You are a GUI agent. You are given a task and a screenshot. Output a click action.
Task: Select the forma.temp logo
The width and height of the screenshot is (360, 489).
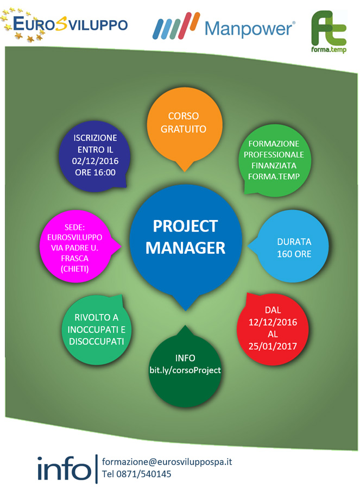click(x=329, y=32)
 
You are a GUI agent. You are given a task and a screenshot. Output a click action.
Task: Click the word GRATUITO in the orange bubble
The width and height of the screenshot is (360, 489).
click(x=184, y=129)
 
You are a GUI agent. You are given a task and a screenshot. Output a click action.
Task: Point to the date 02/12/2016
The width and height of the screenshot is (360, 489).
click(x=95, y=161)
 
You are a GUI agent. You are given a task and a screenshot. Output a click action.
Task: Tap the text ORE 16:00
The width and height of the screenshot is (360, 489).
click(x=95, y=172)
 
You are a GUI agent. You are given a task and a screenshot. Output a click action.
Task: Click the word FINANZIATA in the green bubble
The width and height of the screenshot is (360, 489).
click(x=274, y=166)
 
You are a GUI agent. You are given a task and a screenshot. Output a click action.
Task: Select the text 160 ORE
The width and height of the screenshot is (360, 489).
click(x=294, y=254)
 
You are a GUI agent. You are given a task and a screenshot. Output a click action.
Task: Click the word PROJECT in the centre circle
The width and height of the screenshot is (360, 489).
click(x=185, y=226)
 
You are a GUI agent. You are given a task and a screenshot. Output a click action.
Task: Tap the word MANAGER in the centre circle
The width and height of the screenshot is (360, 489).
click(x=185, y=248)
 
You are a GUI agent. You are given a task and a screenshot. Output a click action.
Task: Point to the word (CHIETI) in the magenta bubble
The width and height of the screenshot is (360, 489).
click(x=74, y=269)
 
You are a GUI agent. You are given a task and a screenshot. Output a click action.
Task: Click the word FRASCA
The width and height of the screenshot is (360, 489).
click(x=74, y=259)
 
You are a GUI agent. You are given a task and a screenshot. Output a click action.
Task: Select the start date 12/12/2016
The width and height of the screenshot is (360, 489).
click(x=273, y=322)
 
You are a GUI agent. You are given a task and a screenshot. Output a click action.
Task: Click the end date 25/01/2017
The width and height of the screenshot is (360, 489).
click(x=273, y=346)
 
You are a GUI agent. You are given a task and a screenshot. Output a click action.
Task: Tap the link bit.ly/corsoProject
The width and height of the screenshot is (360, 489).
click(x=185, y=370)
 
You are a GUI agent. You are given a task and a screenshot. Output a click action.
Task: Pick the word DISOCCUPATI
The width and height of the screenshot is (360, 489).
click(x=96, y=342)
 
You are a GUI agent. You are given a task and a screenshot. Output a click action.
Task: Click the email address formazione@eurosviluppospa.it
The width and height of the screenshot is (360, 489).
click(x=167, y=462)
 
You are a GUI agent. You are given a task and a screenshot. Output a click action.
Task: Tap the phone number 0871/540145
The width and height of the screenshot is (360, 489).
click(x=144, y=474)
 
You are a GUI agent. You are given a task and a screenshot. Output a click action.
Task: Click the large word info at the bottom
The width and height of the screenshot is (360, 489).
click(x=64, y=468)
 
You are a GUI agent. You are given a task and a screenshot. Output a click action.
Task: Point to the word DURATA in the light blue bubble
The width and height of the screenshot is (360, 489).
click(x=294, y=242)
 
